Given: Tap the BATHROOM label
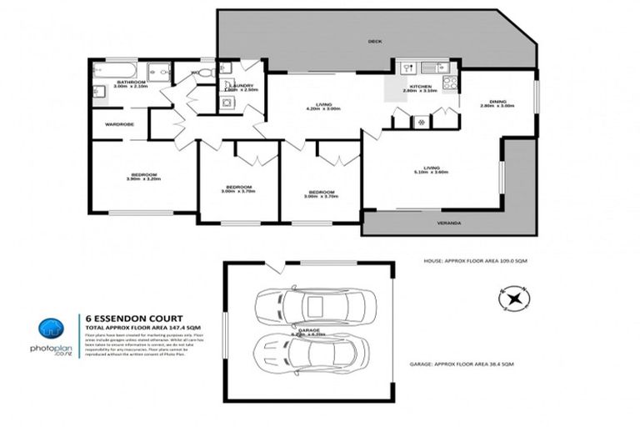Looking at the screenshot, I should pyautogui.click(x=132, y=82).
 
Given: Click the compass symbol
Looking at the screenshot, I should pyautogui.click(x=513, y=296).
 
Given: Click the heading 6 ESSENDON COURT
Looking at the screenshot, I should pyautogui.click(x=126, y=318).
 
